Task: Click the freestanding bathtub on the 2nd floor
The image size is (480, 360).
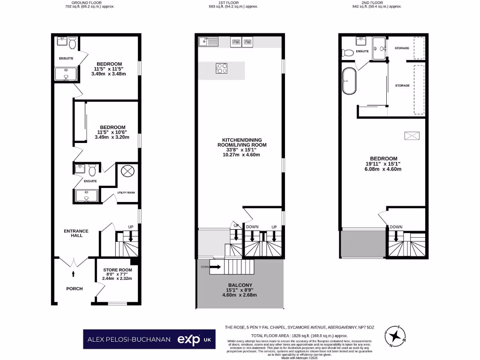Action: click(x=349, y=82)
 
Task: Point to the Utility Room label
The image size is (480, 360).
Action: click(x=126, y=193)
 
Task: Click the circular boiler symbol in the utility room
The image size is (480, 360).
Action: click(x=127, y=171)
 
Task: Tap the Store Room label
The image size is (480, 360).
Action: click(x=118, y=270)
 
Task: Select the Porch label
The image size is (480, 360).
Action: click(x=74, y=289)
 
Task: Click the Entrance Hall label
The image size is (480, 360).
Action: click(x=76, y=233)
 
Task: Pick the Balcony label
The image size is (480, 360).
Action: click(x=240, y=285)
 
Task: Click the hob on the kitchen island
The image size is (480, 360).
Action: click(x=222, y=68)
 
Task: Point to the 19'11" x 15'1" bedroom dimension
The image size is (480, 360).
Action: click(x=383, y=164)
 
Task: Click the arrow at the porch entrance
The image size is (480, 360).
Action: click(x=73, y=273)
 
